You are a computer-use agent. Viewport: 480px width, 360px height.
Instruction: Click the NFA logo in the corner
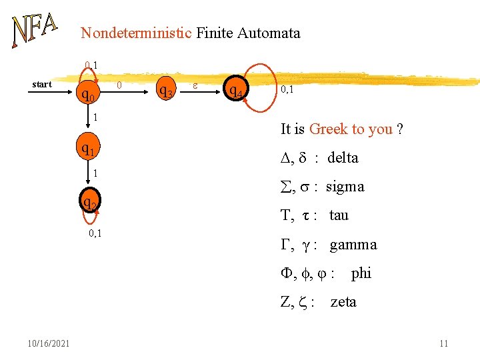point(34,31)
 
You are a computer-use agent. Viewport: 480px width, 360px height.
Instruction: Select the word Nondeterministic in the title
point(137,33)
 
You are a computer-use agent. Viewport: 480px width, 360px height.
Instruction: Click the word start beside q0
point(42,85)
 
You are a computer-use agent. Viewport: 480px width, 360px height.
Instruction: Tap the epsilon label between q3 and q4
point(194,85)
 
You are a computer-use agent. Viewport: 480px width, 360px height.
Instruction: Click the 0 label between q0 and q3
point(119,85)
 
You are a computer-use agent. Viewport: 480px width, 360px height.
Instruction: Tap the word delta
point(343,158)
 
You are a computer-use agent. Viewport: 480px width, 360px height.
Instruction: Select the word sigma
point(345,187)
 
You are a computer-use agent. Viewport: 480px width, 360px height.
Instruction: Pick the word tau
point(339,215)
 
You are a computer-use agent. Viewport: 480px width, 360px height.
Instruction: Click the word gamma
point(353,245)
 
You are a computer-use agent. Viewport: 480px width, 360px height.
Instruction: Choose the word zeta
point(343,302)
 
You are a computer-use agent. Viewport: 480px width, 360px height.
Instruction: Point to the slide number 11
point(443,343)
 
